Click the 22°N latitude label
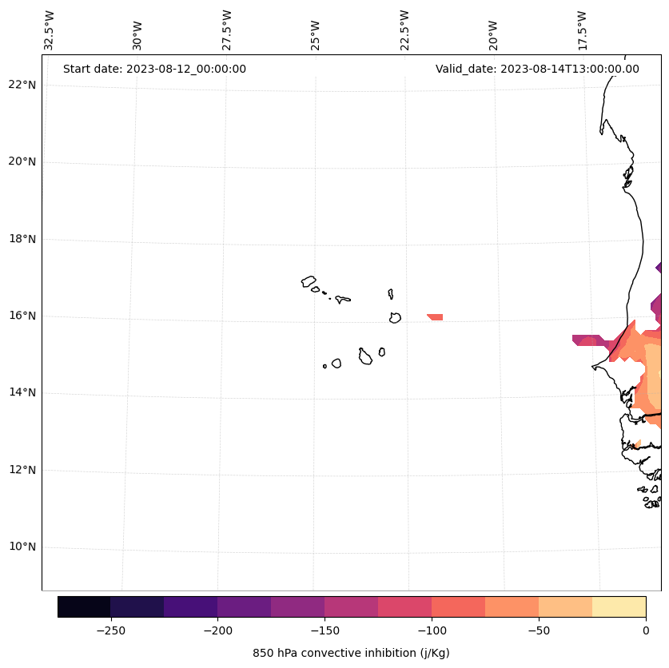point(22,85)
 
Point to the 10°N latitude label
point(22,547)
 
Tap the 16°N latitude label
point(22,316)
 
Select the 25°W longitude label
point(316,30)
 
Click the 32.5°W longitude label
point(50,30)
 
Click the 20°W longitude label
point(493,30)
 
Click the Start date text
point(154,69)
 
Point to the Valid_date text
point(537,69)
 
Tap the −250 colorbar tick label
point(110,630)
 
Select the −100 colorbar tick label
point(432,630)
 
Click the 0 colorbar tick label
point(646,630)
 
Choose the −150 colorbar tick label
point(325,630)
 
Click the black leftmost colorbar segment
point(84,607)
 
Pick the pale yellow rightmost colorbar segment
point(619,607)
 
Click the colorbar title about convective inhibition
point(351,653)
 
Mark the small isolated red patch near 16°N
point(436,317)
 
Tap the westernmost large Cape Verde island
point(309,281)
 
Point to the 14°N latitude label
point(22,392)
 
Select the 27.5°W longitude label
point(227,30)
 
